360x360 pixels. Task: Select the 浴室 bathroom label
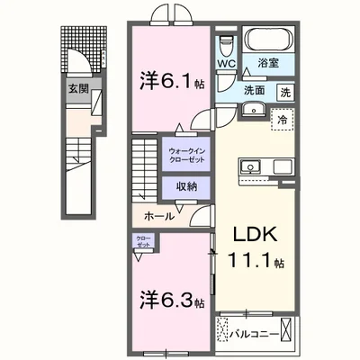pyautogui.click(x=267, y=64)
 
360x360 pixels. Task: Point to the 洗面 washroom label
pyautogui.click(x=253, y=90)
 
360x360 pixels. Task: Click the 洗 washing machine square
pyautogui.click(x=283, y=92)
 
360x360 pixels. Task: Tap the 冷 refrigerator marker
pyautogui.click(x=282, y=118)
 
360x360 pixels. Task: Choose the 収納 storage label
pyautogui.click(x=186, y=187)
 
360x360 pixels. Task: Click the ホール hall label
pyautogui.click(x=160, y=216)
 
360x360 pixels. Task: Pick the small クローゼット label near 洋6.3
pyautogui.click(x=143, y=243)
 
